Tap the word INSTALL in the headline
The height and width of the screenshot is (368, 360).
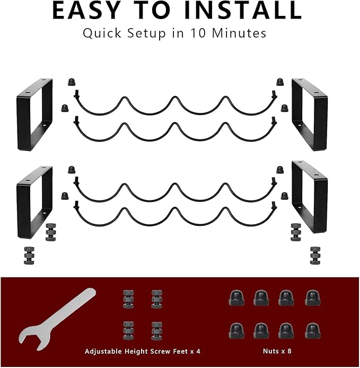point(243,11)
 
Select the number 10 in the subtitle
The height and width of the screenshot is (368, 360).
point(198,33)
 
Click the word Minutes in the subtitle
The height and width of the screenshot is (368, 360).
point(239,33)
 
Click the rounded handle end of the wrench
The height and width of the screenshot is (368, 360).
point(88,294)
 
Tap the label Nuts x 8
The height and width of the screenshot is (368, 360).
point(277,351)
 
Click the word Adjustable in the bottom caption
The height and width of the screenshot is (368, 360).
point(103,352)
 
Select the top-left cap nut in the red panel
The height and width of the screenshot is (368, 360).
point(236,298)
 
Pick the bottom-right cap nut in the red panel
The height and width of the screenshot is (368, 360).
point(313,331)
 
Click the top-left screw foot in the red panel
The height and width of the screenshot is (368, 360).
point(128,299)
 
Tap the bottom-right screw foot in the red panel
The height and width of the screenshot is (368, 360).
point(157,331)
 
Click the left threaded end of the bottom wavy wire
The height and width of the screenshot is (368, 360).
point(76,205)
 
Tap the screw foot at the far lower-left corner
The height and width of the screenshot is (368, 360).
point(29,256)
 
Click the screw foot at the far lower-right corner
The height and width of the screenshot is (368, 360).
point(315,256)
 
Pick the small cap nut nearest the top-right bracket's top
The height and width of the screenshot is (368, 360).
point(280,82)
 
